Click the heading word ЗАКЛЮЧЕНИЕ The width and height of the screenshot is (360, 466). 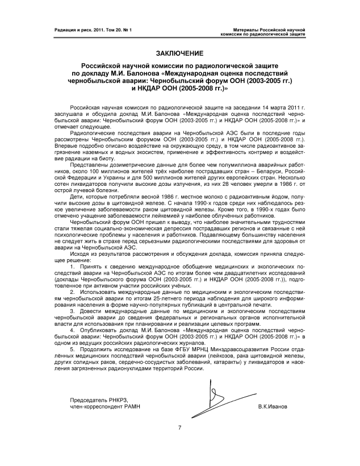pyautogui.click(x=179, y=53)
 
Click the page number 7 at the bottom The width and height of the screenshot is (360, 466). pyautogui.click(x=179, y=427)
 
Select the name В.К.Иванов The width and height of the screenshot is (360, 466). pyautogui.click(x=272, y=407)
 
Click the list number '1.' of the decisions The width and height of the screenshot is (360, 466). pyautogui.click(x=72, y=265)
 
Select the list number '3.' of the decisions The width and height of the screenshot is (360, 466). pyautogui.click(x=72, y=311)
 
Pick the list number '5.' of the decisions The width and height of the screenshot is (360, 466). pyautogui.click(x=72, y=349)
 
